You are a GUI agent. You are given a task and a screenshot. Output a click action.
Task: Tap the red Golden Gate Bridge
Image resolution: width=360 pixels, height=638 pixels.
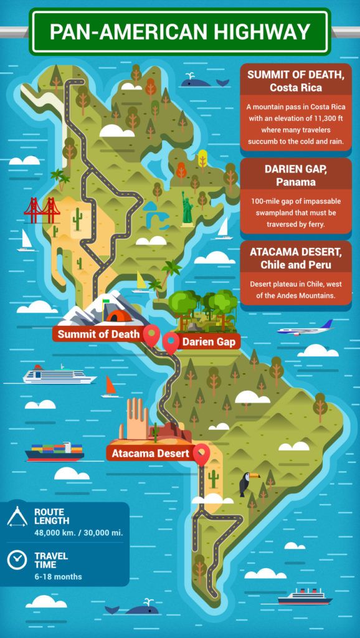pos(42,211)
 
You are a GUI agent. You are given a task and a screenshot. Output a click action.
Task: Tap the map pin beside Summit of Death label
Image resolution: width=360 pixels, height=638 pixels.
pos(151,335)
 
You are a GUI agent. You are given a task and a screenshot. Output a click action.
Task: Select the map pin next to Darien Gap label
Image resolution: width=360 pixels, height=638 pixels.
pos(171,341)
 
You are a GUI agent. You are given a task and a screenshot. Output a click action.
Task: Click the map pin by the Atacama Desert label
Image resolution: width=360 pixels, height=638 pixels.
pos(201,454)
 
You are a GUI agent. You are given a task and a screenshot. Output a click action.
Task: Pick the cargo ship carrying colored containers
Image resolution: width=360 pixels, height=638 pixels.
pos(54,450)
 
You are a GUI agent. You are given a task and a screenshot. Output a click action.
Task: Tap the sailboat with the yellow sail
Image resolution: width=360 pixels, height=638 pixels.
pos(141,283)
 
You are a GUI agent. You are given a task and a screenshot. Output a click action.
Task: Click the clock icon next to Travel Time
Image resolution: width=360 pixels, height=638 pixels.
pos(17,559)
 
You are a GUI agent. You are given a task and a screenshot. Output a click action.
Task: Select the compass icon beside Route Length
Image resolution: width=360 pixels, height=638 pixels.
pos(17,517)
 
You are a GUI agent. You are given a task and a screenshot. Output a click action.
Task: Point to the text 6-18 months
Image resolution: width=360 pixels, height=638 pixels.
pos(58,576)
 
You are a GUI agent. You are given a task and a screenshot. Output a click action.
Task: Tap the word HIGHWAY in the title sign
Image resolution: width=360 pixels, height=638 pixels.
pos(267,32)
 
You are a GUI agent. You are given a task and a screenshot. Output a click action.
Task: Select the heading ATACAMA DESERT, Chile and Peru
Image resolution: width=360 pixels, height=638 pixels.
pos(288,259)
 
